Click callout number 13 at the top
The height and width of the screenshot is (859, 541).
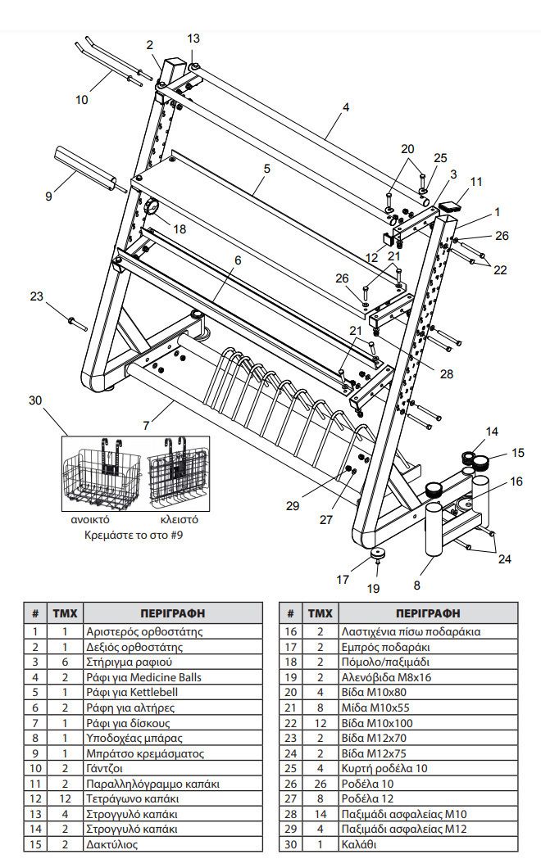[x=193, y=38]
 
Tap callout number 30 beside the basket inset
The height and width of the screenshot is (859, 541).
[x=34, y=400]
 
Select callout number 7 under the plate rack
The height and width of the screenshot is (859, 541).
[x=147, y=425]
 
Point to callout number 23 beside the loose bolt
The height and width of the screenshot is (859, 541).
[x=36, y=297]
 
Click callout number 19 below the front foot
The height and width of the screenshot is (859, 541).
[x=373, y=588]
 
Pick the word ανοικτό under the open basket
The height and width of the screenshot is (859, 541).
[x=90, y=519]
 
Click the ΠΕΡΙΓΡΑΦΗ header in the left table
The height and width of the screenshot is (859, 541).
[x=172, y=613]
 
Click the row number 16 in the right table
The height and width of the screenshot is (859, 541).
[x=290, y=631]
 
